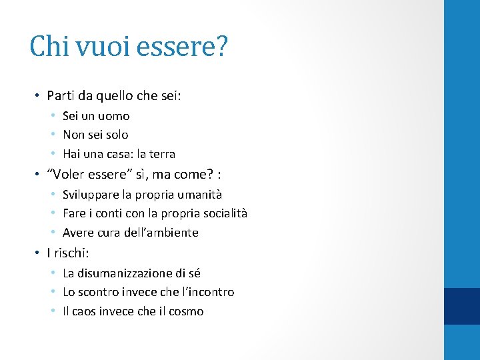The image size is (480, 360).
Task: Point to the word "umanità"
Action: tap(197, 195)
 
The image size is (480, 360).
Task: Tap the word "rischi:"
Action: tap(71, 253)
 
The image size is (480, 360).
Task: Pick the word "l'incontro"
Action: tap(207, 292)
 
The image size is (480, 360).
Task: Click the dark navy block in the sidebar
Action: tap(462, 307)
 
